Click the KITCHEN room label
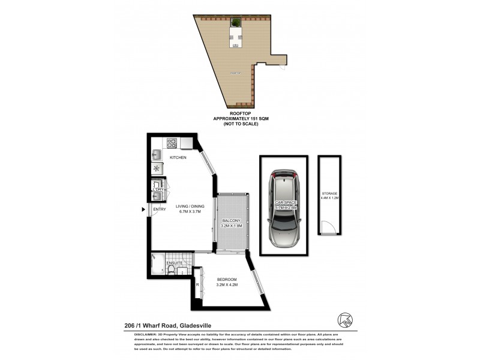(178, 157)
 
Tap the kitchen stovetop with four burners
(171, 143)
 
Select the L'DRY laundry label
(158, 190)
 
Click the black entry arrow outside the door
(143, 209)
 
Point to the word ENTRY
(160, 209)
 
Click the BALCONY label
(230, 221)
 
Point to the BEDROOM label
(227, 280)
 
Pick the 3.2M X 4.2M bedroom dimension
(227, 286)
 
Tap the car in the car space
(283, 210)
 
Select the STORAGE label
(329, 194)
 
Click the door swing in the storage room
(327, 228)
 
